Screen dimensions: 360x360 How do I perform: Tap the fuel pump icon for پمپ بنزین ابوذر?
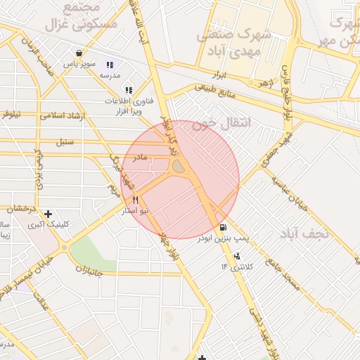[x=224, y=226]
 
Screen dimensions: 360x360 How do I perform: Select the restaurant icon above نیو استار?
[x=135, y=200]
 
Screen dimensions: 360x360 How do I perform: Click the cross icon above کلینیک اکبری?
[x=48, y=214]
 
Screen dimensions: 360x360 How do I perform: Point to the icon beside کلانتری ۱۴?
[x=237, y=256]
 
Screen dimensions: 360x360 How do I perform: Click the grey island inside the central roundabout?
[x=179, y=167]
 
